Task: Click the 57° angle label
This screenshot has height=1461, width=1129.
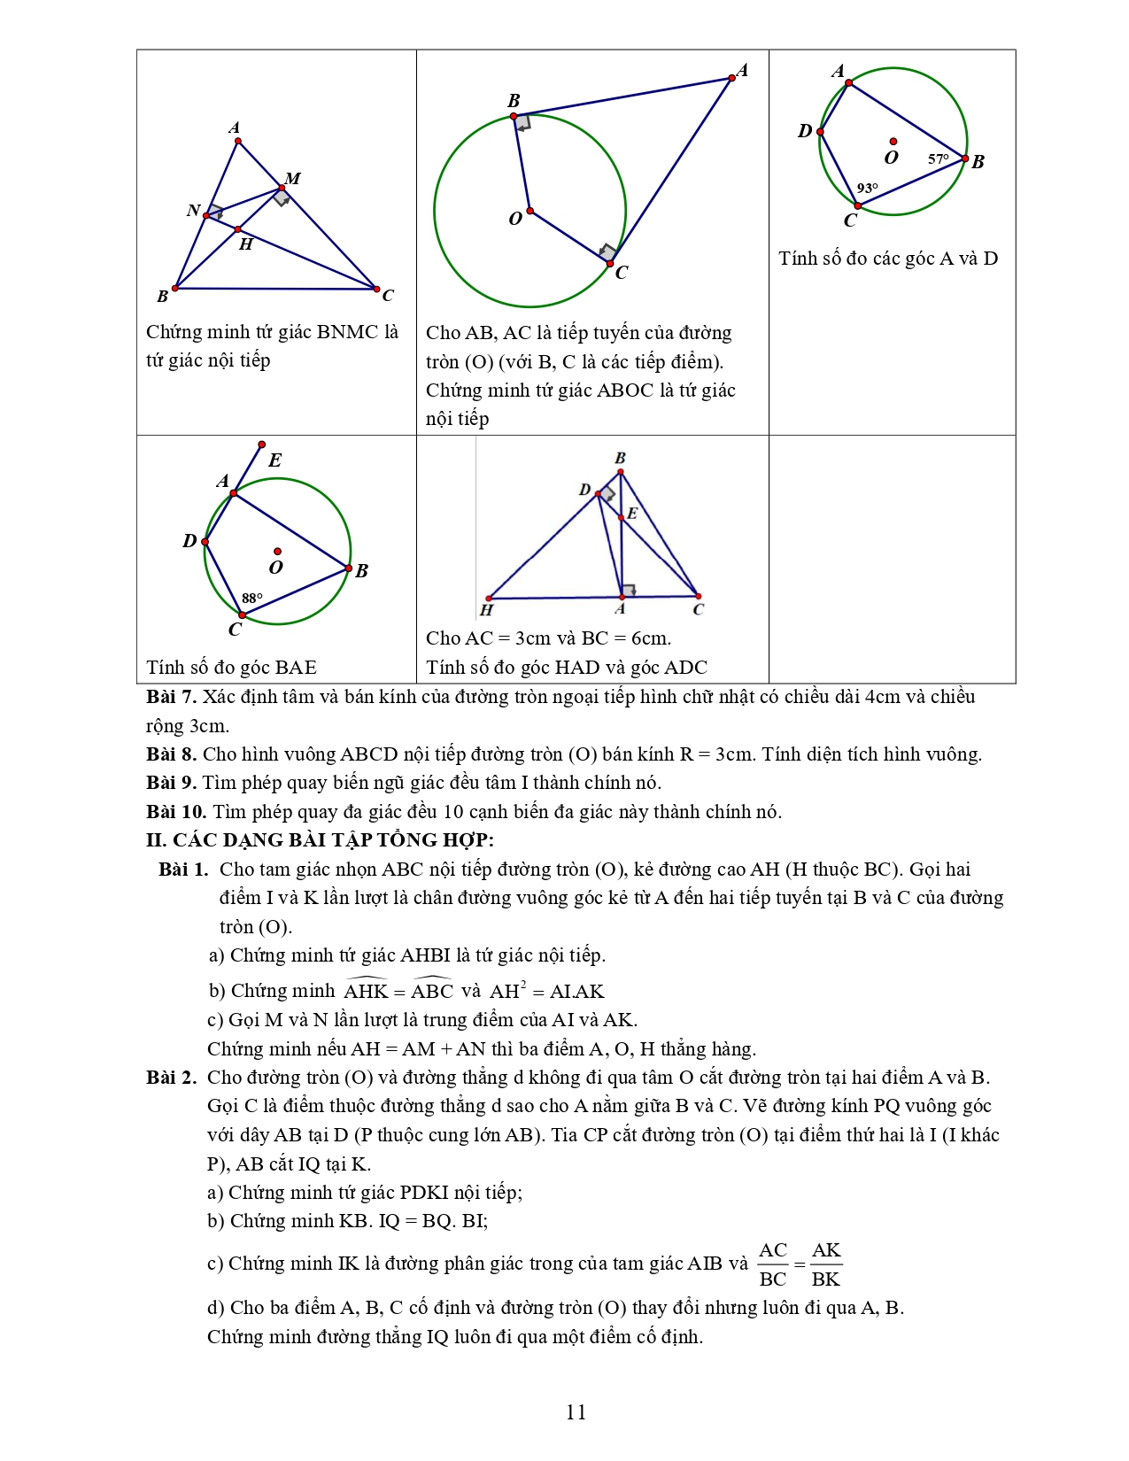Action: [x=938, y=159]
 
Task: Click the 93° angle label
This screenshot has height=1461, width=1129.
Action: [x=867, y=189]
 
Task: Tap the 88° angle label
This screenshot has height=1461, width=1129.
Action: [x=252, y=599]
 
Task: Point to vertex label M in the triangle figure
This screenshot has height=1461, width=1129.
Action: [x=293, y=179]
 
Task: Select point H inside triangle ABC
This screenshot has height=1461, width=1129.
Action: [x=238, y=229]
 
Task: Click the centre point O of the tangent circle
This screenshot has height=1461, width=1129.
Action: [x=530, y=211]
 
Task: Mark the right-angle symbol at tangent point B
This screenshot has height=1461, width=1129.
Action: [x=522, y=122]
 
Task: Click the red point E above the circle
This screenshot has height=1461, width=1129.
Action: [x=261, y=444]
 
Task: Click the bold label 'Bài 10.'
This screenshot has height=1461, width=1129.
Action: [x=176, y=812]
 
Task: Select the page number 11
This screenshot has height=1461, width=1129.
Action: [x=576, y=1411]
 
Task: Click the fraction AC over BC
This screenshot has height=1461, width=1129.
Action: [x=773, y=1264]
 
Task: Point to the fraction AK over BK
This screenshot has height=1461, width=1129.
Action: [x=826, y=1264]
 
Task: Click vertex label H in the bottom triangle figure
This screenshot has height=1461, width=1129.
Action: [x=486, y=610]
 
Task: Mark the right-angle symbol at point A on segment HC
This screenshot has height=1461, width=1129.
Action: [x=628, y=591]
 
